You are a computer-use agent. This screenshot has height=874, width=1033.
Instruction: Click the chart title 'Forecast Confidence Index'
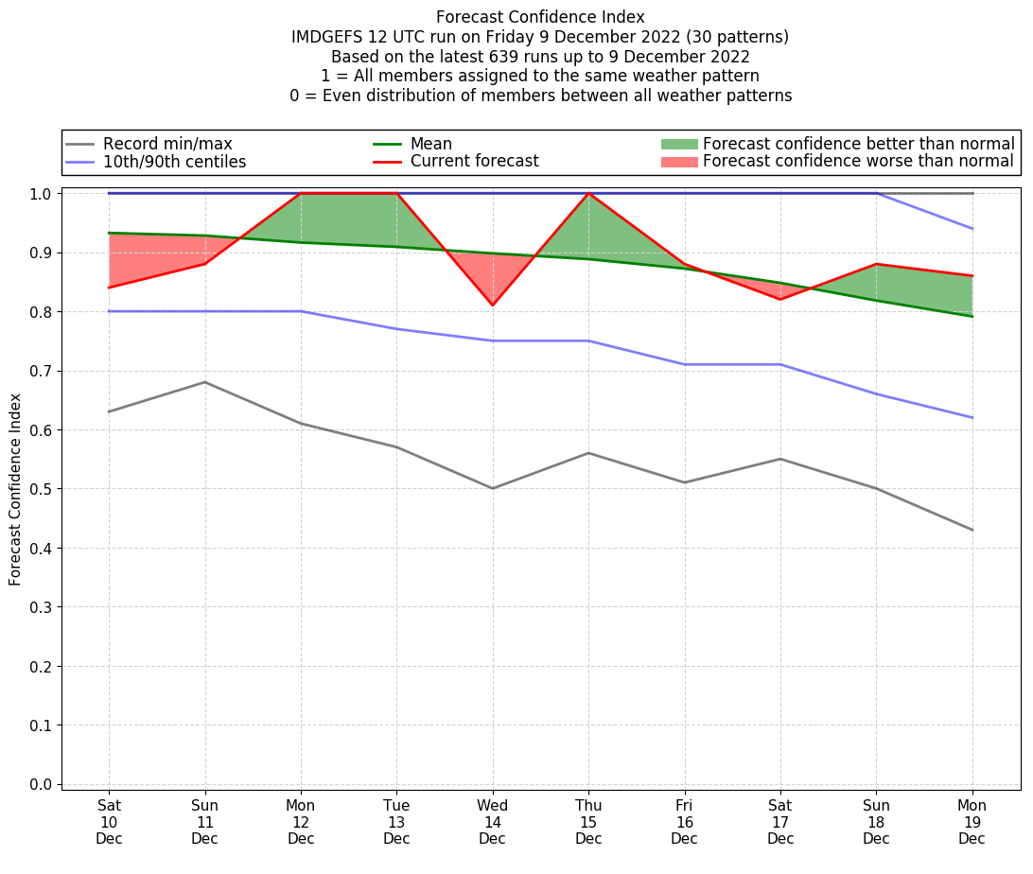[540, 17]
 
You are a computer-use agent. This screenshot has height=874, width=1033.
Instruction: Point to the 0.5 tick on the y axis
[43, 489]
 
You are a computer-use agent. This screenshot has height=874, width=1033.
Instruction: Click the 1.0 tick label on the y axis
[43, 194]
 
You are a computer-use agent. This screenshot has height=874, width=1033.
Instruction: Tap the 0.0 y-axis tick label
[43, 784]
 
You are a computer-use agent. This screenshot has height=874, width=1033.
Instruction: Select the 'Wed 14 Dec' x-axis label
[493, 821]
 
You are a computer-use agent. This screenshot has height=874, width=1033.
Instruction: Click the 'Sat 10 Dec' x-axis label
[109, 821]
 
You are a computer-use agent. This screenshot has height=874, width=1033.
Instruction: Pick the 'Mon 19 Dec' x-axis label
[972, 821]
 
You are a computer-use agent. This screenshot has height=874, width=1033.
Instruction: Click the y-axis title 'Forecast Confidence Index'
[15, 489]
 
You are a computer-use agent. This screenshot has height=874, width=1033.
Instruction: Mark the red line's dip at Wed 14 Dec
[493, 305]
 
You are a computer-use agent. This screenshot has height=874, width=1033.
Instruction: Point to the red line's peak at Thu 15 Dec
[588, 193]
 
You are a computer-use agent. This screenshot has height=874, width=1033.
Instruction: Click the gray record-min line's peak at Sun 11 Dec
[205, 382]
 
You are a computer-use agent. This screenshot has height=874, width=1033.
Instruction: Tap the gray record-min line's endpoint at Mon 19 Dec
[972, 530]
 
